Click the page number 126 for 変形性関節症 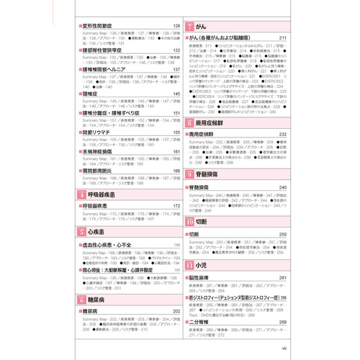(175, 26)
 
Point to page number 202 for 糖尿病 (175, 310)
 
